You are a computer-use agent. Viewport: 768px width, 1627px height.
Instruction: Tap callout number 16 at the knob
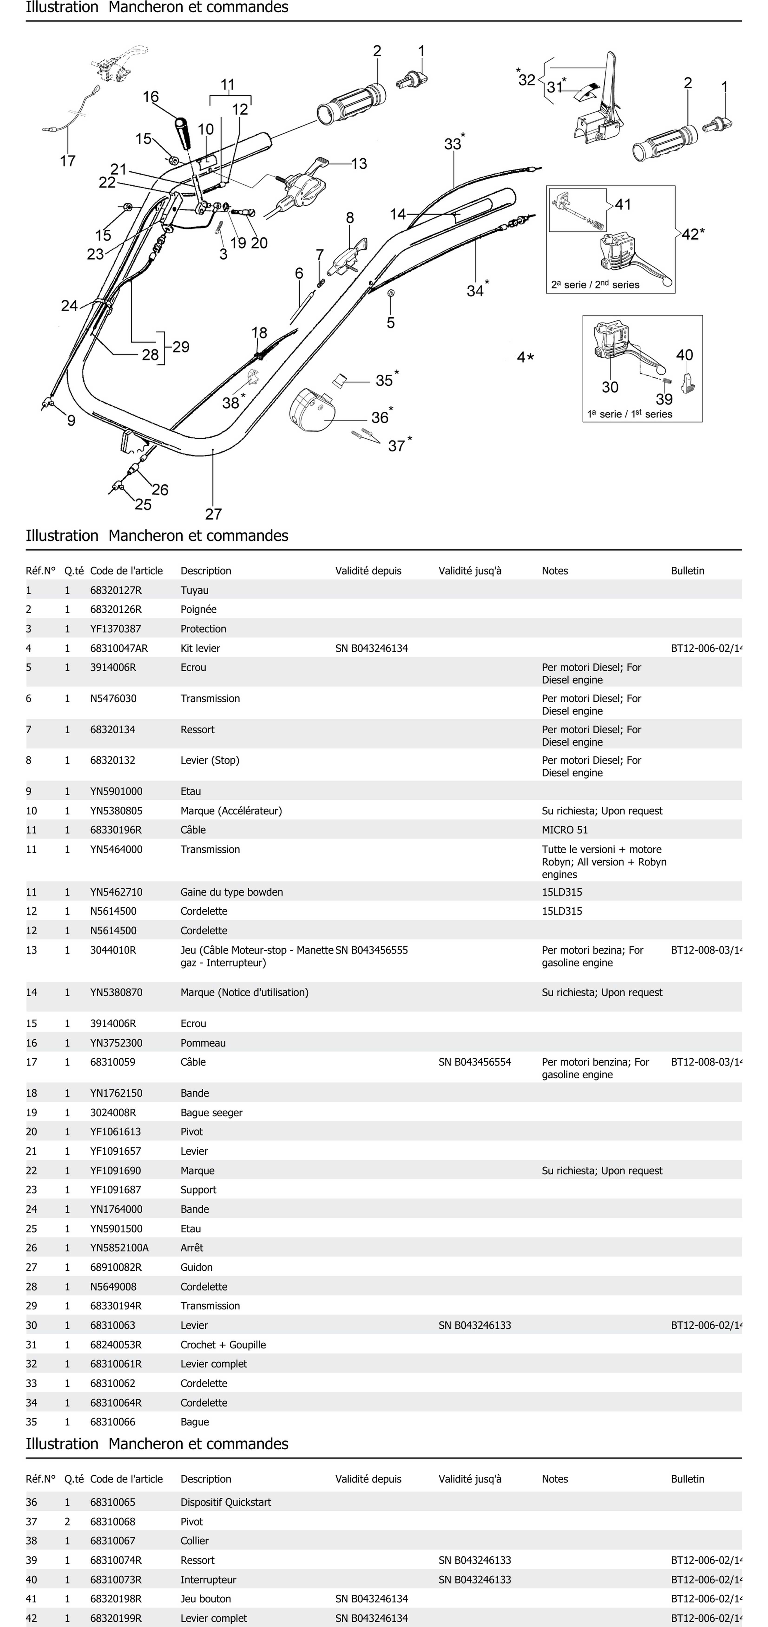pyautogui.click(x=151, y=97)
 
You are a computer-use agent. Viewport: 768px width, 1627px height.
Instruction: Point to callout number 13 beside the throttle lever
pyautogui.click(x=359, y=164)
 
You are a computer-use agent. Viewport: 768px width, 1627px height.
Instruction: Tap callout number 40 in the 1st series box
pyautogui.click(x=685, y=355)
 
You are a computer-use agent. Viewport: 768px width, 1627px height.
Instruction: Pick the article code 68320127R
pyautogui.click(x=116, y=590)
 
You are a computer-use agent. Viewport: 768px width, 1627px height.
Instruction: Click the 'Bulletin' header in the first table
pyautogui.click(x=687, y=570)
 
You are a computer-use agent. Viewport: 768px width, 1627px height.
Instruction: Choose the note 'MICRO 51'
pyautogui.click(x=565, y=829)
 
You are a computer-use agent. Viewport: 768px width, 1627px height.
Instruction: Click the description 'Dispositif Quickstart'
pyautogui.click(x=226, y=1502)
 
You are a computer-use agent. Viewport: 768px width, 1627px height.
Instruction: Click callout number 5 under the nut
pyautogui.click(x=391, y=323)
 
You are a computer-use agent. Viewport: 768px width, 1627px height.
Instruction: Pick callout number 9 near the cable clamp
pyautogui.click(x=71, y=421)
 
